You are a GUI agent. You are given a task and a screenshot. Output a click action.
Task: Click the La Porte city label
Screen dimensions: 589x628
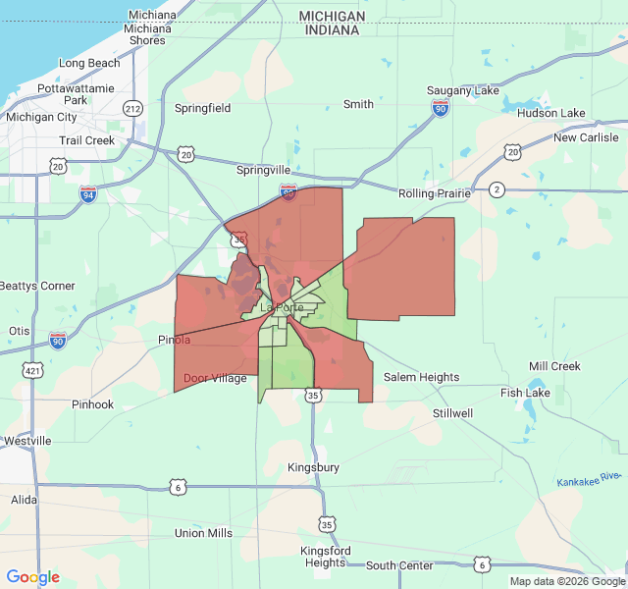tap(282, 307)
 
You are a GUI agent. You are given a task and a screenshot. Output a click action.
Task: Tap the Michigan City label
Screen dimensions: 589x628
tap(41, 117)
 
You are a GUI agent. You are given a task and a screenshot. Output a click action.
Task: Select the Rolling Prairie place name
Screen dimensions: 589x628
tap(435, 193)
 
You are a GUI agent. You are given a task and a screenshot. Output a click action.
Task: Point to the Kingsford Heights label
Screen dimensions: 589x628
tap(325, 557)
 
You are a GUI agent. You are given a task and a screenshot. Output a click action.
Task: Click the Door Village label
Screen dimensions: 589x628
tap(215, 378)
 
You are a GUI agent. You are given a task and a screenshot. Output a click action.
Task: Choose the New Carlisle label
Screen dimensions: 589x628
tap(586, 137)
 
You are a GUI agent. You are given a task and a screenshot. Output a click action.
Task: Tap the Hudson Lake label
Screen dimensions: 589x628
tap(550, 113)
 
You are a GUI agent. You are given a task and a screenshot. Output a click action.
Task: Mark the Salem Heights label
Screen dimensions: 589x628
tap(421, 377)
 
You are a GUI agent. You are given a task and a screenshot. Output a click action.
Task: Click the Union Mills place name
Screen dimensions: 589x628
tap(203, 533)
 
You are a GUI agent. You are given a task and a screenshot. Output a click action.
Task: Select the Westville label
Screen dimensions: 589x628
tap(26, 441)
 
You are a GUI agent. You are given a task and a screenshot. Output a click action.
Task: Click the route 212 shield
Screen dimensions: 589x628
tap(132, 107)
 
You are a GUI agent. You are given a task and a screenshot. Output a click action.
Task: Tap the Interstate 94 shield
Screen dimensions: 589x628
tap(88, 193)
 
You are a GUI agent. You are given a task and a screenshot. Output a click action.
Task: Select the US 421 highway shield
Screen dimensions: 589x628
tap(33, 370)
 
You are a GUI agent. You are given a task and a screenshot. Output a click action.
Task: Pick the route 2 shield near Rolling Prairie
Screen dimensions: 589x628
tap(497, 188)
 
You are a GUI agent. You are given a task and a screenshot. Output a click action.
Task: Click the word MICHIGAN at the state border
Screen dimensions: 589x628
tap(332, 17)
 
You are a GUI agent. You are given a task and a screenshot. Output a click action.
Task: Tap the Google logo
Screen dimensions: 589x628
tap(33, 577)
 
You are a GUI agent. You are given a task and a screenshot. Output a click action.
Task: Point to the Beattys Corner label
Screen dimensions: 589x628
tap(37, 286)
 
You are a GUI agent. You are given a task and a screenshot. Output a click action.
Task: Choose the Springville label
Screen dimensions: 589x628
tap(264, 170)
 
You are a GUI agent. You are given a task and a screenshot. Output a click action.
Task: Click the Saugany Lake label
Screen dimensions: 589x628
tap(463, 90)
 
